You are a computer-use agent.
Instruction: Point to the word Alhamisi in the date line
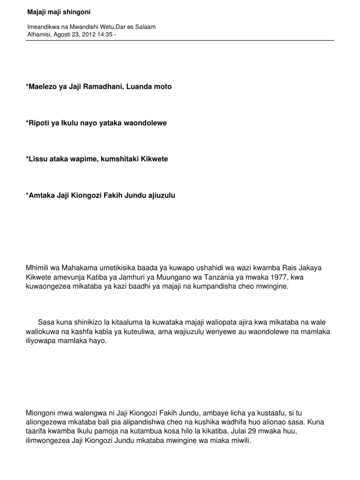coord(38,34)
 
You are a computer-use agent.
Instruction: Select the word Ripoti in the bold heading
coord(40,123)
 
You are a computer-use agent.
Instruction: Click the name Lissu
coord(38,159)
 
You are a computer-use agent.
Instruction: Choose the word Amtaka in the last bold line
coord(41,195)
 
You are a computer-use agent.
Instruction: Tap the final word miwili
coord(240,440)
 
